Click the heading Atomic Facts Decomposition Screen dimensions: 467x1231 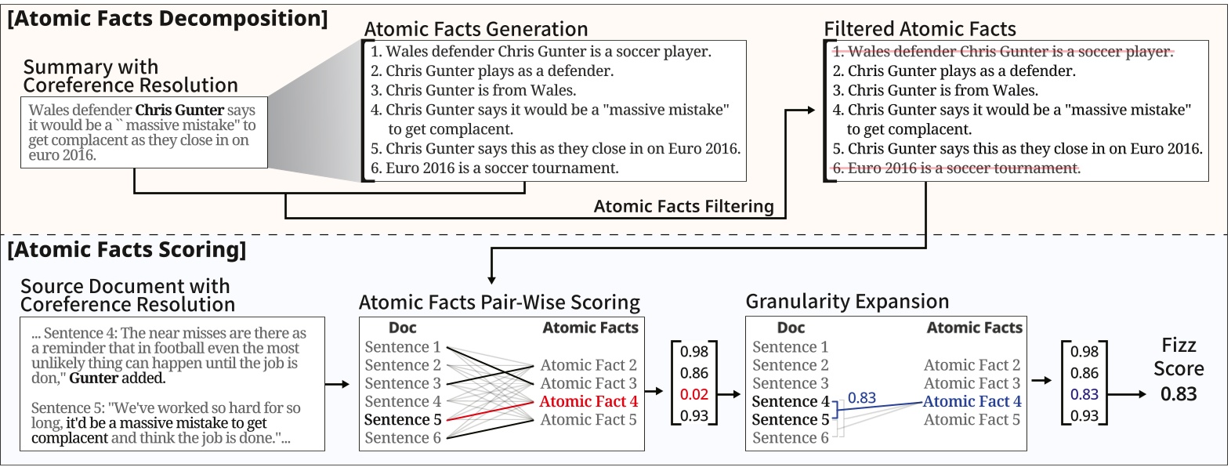point(167,18)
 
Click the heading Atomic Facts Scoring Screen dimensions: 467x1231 point(126,250)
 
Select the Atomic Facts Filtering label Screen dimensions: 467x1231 point(683,206)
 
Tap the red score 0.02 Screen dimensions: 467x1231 point(693,394)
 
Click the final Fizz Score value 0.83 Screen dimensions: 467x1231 point(1178,393)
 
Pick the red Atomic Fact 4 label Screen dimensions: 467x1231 point(588,401)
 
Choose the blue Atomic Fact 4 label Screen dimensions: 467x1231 point(972,401)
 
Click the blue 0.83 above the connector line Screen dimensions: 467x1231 point(861,398)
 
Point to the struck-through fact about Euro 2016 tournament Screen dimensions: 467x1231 point(956,168)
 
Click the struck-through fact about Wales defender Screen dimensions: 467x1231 point(1002,52)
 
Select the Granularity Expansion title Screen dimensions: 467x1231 point(847,302)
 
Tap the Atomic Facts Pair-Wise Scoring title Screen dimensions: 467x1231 point(499,302)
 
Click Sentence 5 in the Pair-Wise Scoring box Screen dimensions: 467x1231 point(403,419)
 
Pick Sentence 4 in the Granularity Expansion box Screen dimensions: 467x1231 point(790,401)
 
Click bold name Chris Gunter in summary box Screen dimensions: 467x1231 point(179,110)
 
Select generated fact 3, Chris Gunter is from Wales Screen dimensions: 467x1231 point(473,90)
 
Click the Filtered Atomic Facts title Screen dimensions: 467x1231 point(919,29)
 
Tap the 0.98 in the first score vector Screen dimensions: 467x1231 point(693,352)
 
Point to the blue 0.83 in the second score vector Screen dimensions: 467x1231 point(1084,394)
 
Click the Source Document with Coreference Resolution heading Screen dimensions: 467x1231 point(127,295)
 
